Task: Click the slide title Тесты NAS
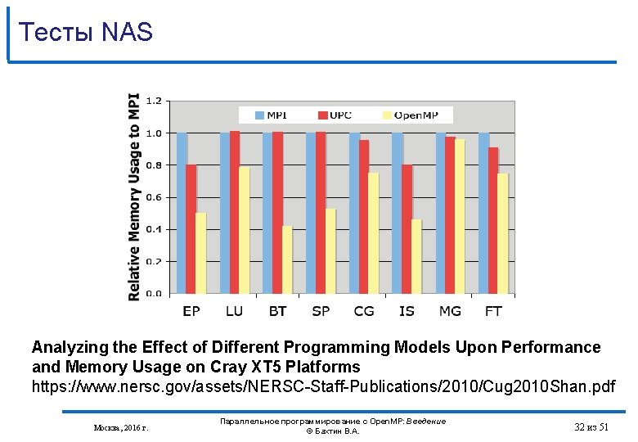point(85,32)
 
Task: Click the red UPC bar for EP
point(191,228)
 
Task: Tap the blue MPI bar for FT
point(483,213)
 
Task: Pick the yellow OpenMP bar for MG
point(460,216)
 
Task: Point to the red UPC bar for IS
point(407,228)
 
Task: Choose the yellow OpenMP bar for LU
point(244,230)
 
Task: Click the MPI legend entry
point(271,115)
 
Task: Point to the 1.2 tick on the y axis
point(154,101)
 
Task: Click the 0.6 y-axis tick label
point(154,197)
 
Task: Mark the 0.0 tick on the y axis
point(154,293)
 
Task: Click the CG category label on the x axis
point(364,311)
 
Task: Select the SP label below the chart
point(321,311)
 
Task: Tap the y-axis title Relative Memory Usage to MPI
point(134,196)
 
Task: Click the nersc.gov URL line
point(323,385)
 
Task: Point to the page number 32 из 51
point(591,426)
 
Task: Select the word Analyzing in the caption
point(70,347)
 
